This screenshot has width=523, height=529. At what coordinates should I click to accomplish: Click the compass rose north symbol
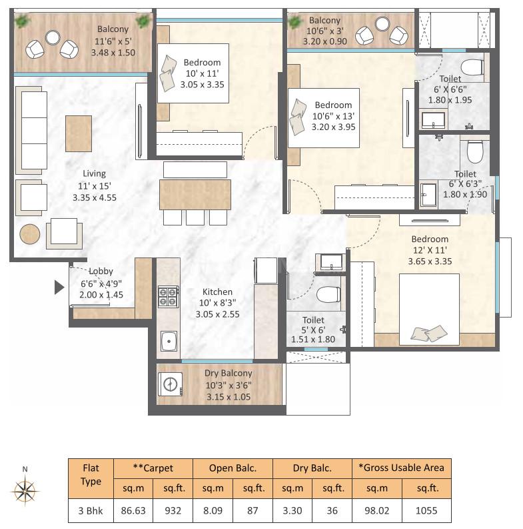click(x=25, y=491)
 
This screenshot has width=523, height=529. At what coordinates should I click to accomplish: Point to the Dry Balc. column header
click(x=313, y=468)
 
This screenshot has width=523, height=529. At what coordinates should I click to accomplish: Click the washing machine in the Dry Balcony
click(x=170, y=384)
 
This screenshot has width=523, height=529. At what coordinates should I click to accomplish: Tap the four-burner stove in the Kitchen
click(x=168, y=296)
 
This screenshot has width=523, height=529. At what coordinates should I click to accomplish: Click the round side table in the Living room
click(x=29, y=234)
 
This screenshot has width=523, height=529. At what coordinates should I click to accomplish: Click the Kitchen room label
click(x=217, y=292)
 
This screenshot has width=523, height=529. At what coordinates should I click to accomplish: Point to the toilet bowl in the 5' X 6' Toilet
click(x=327, y=294)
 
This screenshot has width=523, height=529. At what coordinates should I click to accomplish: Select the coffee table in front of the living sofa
click(x=79, y=133)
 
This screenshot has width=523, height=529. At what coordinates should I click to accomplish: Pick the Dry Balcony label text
click(x=228, y=374)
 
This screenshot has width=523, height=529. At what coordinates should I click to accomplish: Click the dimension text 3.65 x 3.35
click(x=430, y=261)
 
